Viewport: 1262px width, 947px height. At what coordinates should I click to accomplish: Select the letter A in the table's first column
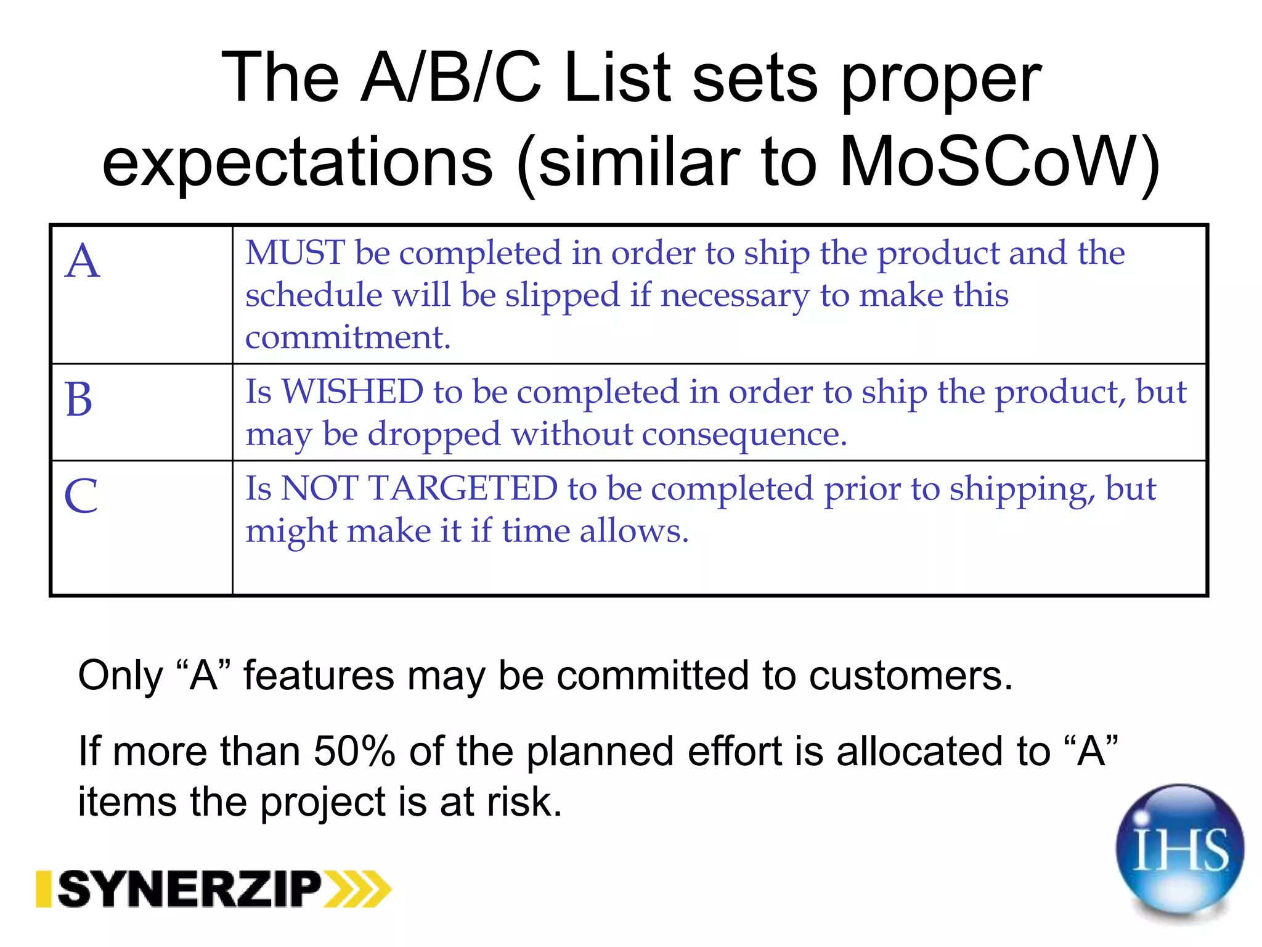pos(83,261)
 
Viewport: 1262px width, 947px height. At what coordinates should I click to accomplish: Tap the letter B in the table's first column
pos(79,400)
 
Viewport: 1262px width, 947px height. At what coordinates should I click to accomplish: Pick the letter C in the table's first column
pos(81,496)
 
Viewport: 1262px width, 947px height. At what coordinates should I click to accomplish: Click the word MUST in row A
pos(295,253)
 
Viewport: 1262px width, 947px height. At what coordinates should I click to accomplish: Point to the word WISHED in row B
pos(352,392)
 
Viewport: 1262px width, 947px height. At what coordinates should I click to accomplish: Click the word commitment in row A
pos(348,337)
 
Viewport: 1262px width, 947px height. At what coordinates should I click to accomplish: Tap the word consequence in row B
pos(744,434)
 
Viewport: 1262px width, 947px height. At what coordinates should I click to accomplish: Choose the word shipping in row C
pos(1022,490)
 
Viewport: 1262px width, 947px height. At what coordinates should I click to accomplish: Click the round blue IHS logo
pos(1179,850)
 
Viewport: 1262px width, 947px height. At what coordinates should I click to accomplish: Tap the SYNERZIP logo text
pos(190,889)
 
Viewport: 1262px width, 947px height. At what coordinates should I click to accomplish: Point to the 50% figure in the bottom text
pos(354,751)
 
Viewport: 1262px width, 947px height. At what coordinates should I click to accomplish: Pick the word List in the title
pos(617,78)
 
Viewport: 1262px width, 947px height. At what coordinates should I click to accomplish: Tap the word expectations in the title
pos(298,162)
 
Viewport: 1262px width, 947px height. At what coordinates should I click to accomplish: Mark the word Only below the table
pos(120,676)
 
